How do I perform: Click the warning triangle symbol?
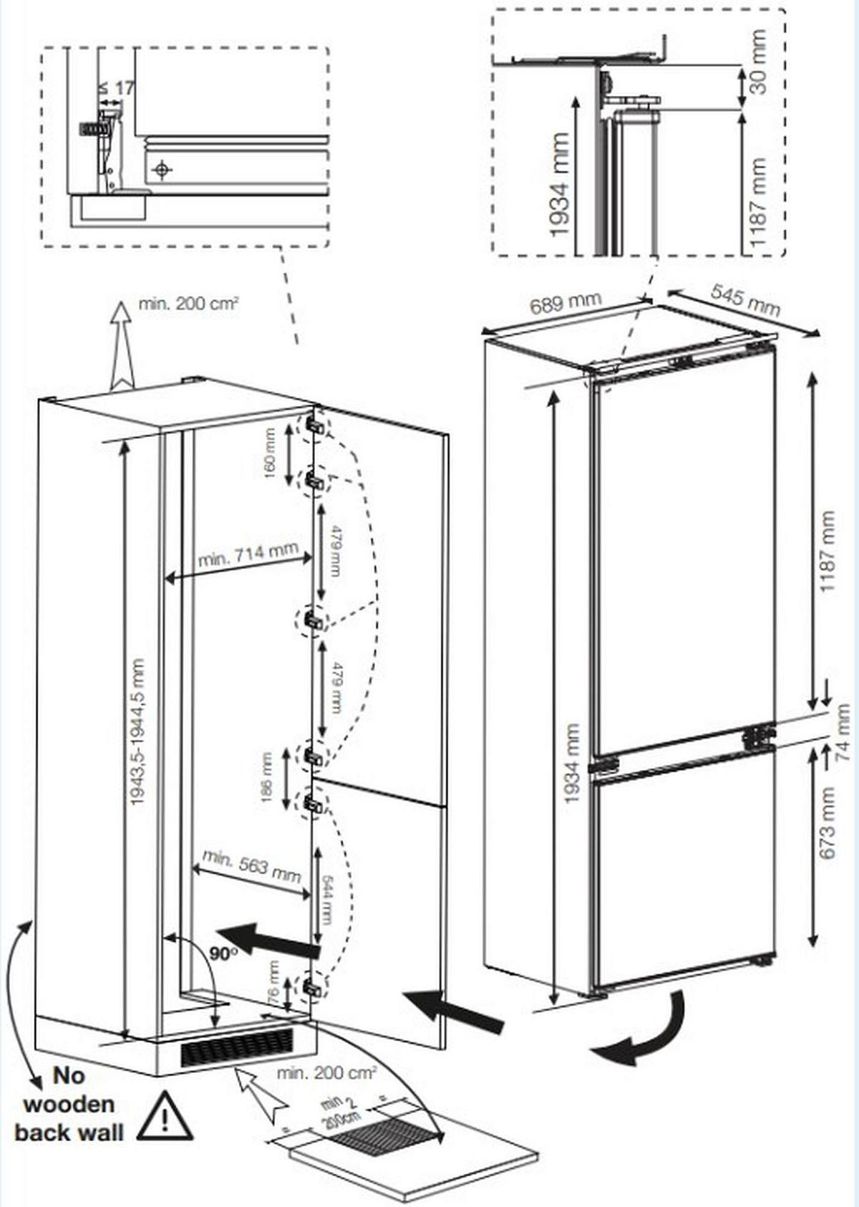[x=165, y=1117]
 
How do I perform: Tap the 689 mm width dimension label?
[x=565, y=304]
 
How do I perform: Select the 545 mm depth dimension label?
[x=745, y=299]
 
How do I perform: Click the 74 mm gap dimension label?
[x=843, y=731]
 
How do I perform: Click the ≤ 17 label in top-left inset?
[x=116, y=88]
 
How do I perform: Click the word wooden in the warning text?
[x=69, y=1104]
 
